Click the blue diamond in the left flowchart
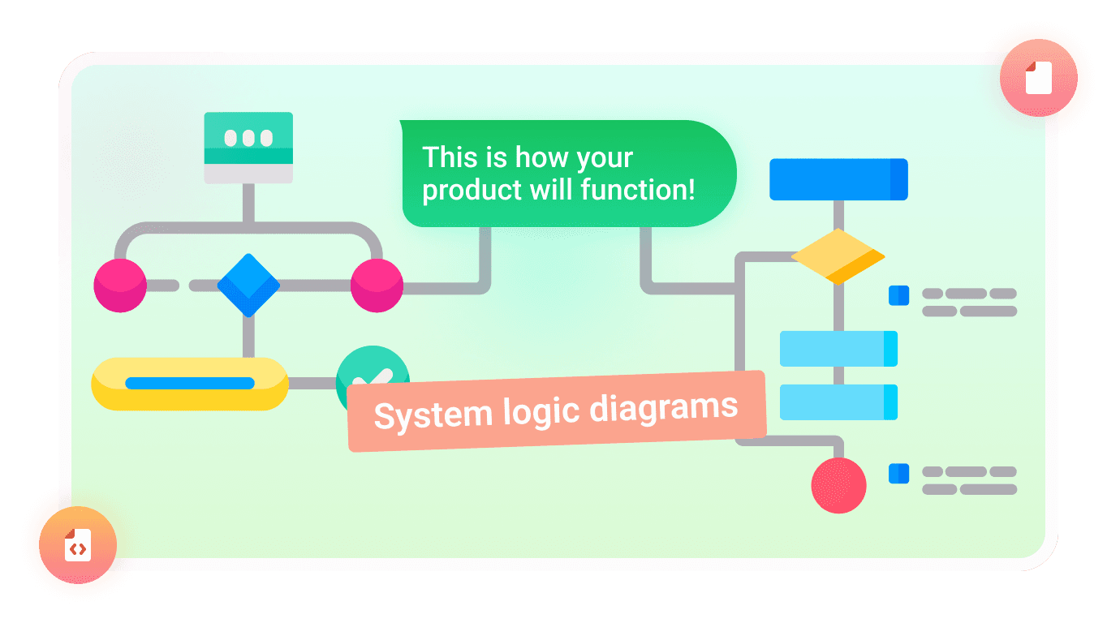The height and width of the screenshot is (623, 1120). tap(248, 286)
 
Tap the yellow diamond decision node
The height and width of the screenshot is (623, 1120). tap(838, 256)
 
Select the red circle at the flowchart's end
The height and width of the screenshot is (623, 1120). tap(839, 485)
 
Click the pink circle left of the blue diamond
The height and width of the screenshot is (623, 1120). tap(120, 286)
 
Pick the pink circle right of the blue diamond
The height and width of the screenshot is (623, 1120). tap(377, 286)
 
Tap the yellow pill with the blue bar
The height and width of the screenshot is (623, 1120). tap(190, 383)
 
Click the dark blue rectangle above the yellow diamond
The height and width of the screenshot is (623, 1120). tap(838, 179)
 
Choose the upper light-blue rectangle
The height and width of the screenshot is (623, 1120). tap(838, 349)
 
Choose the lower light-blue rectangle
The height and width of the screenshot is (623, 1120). tap(838, 402)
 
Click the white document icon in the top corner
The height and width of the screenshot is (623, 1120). tap(1038, 79)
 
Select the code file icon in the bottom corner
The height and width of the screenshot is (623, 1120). tap(78, 545)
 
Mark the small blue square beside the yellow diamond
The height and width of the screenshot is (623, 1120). tap(898, 295)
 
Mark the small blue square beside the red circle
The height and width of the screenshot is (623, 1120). tap(898, 474)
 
